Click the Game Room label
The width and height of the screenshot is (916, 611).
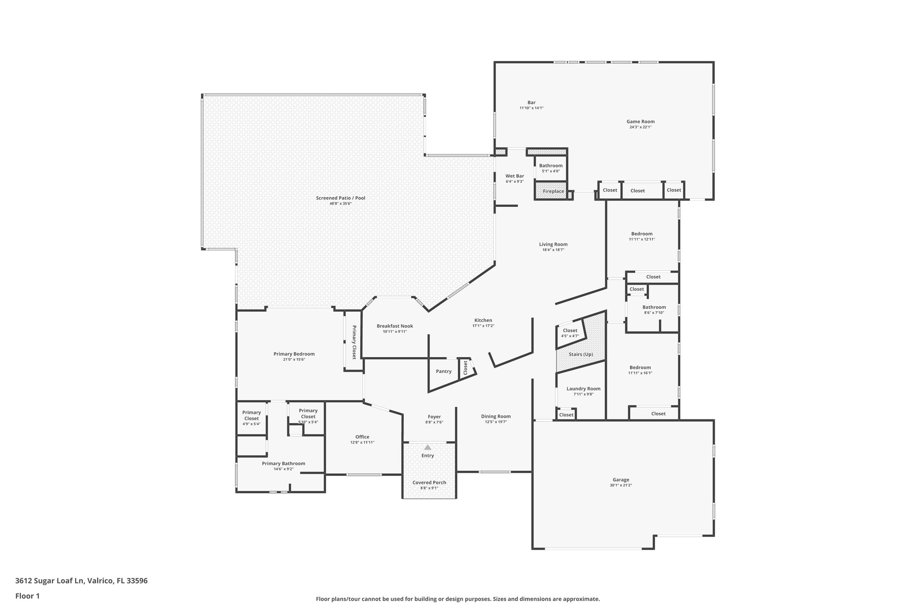(640, 121)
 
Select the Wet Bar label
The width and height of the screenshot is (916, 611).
(514, 176)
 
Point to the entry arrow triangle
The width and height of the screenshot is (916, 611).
(428, 447)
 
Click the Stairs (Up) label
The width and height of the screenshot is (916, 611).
(581, 354)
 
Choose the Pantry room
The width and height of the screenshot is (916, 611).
(443, 372)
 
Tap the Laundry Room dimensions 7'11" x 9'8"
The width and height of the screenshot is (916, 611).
(583, 394)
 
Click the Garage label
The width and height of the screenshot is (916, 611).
(621, 479)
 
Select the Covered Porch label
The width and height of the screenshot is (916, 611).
(429, 483)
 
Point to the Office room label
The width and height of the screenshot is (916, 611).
(362, 437)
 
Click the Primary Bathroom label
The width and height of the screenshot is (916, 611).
(284, 463)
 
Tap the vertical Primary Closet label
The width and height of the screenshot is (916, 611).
(354, 342)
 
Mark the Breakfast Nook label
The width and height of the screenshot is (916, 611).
(394, 326)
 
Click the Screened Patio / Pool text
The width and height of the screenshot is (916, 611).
(340, 198)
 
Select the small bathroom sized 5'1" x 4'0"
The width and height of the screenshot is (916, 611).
(551, 168)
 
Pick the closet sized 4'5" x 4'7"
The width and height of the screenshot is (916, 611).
(570, 333)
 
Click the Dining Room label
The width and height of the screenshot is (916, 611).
(496, 416)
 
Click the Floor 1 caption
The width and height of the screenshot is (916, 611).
(27, 596)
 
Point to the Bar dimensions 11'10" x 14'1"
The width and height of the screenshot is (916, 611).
(531, 108)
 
